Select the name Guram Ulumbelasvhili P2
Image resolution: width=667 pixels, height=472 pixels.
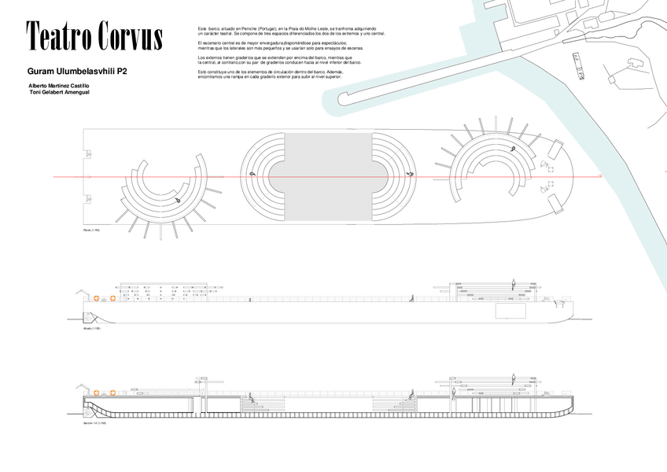point(77,71)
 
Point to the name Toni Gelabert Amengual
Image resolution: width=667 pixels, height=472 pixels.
point(59,92)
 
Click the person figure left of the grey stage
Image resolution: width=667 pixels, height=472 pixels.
point(252,175)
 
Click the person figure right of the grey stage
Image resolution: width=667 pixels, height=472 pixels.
point(409,174)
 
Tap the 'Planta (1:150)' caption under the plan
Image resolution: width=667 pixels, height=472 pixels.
point(93,230)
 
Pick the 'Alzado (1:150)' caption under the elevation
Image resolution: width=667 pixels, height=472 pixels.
point(92,328)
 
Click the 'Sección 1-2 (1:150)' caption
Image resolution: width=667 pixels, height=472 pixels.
point(95,423)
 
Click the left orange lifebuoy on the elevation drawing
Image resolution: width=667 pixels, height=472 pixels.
point(96,298)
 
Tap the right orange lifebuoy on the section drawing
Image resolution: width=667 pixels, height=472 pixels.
point(112,393)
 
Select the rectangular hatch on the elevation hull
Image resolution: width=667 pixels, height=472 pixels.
point(510,311)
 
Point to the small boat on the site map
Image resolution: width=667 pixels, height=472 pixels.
point(578,67)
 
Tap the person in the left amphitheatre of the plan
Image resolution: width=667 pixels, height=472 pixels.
point(178,200)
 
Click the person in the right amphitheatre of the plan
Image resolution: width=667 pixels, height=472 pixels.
point(512,149)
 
